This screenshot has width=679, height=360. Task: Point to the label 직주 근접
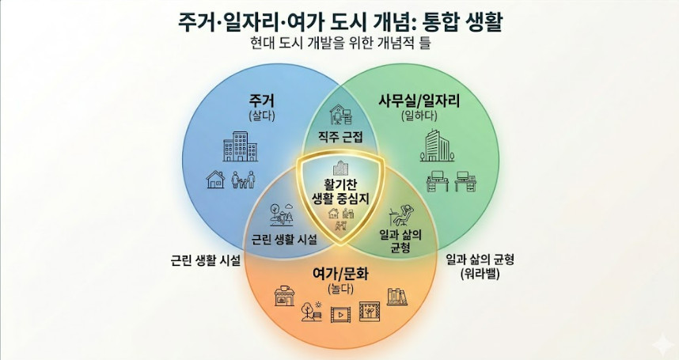click(x=340, y=136)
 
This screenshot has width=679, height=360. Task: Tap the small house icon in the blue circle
click(x=215, y=180)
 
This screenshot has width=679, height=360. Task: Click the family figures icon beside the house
click(x=242, y=180)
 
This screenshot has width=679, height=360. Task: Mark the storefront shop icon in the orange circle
click(x=284, y=297)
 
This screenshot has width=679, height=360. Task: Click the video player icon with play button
click(x=338, y=312)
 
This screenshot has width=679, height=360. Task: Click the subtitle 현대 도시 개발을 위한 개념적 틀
click(x=339, y=44)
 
